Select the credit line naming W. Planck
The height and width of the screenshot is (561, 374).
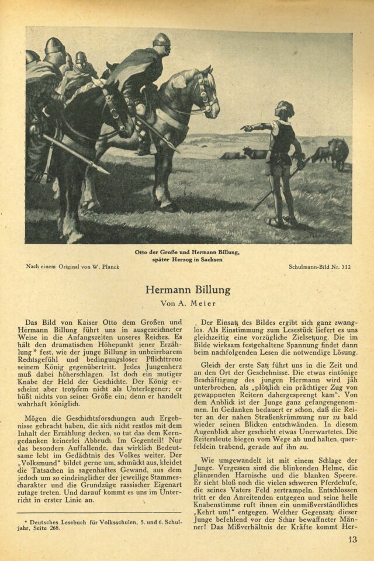coord(73,267)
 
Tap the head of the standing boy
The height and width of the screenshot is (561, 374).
coord(285,109)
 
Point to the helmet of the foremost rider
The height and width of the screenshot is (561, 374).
coord(161,40)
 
